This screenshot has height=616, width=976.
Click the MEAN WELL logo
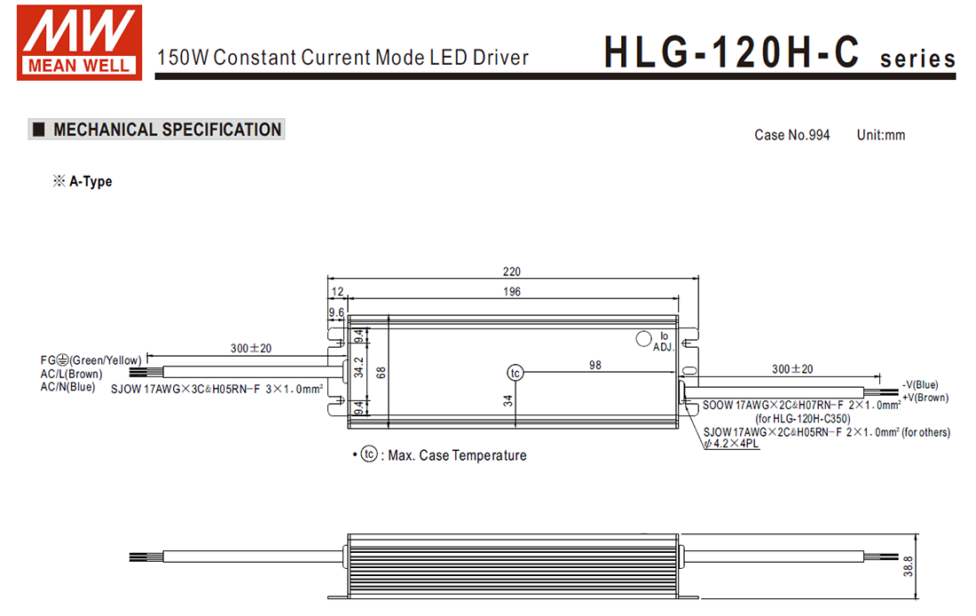click(x=79, y=43)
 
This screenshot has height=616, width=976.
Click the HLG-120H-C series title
click(x=779, y=52)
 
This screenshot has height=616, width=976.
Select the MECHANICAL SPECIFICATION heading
click(x=167, y=130)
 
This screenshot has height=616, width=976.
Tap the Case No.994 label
click(x=791, y=135)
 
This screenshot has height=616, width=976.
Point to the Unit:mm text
click(x=881, y=135)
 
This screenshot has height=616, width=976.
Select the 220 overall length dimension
click(x=512, y=272)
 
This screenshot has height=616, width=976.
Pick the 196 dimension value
click(x=512, y=291)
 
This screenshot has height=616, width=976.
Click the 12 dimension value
click(x=337, y=291)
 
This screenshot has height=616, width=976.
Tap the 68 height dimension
click(x=381, y=373)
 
